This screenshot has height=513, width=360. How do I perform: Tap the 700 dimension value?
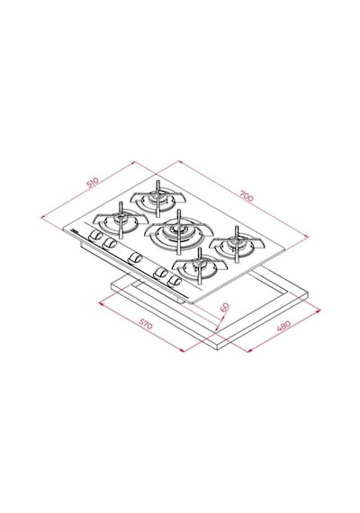pos(247,196)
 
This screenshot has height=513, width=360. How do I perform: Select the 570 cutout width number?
pos(146,324)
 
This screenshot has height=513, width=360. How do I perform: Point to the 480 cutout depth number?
pos(283,326)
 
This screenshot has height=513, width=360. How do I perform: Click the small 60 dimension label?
pos(225,308)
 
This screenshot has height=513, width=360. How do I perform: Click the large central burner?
pos(179,232)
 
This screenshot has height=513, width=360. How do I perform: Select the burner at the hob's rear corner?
pos(157,198)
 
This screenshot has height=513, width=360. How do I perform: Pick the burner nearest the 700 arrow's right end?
pos(237,244)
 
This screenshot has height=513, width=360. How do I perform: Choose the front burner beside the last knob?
pos(200,265)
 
